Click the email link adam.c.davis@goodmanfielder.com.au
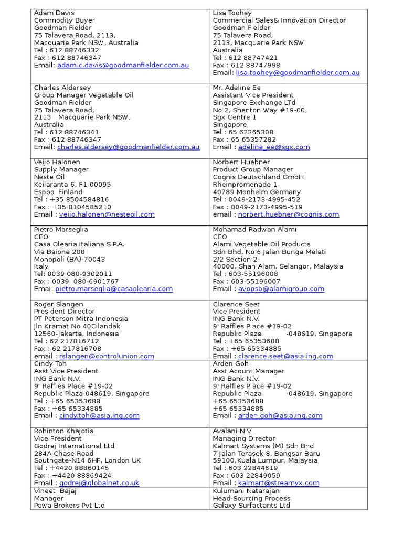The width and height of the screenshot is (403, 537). click(x=123, y=65)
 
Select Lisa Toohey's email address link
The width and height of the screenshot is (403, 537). click(x=298, y=73)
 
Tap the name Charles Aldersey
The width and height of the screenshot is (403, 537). click(x=62, y=88)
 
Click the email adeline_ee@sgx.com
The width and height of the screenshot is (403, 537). click(x=274, y=147)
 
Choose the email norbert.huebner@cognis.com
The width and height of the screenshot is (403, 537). click(x=289, y=214)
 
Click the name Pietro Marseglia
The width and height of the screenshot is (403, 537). click(x=61, y=229)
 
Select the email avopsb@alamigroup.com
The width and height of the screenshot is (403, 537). click(x=281, y=289)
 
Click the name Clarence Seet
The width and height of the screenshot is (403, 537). click(x=236, y=304)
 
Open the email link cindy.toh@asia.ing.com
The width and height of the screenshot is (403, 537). click(x=99, y=416)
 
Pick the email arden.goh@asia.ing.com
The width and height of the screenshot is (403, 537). click(x=280, y=416)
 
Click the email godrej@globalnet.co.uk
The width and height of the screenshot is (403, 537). click(x=99, y=483)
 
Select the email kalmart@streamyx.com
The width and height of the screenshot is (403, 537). click(x=279, y=483)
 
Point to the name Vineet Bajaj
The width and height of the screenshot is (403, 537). click(x=56, y=490)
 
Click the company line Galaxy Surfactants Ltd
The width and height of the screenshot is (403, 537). click(x=251, y=506)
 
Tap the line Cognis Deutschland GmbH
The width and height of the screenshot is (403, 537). click(x=258, y=177)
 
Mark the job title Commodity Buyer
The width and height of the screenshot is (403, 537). click(x=65, y=20)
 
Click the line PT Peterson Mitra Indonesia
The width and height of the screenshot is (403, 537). click(x=81, y=319)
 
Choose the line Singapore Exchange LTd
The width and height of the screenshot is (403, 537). click(x=254, y=103)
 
